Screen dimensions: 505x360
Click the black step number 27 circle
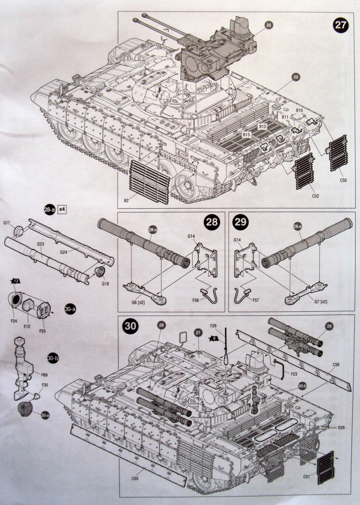click(340, 25)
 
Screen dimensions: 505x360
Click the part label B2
click(126, 201)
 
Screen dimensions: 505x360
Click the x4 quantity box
click(62, 209)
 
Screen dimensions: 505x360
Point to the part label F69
click(44, 374)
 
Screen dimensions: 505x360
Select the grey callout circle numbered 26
click(269, 25)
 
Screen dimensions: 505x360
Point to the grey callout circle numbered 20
click(296, 77)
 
